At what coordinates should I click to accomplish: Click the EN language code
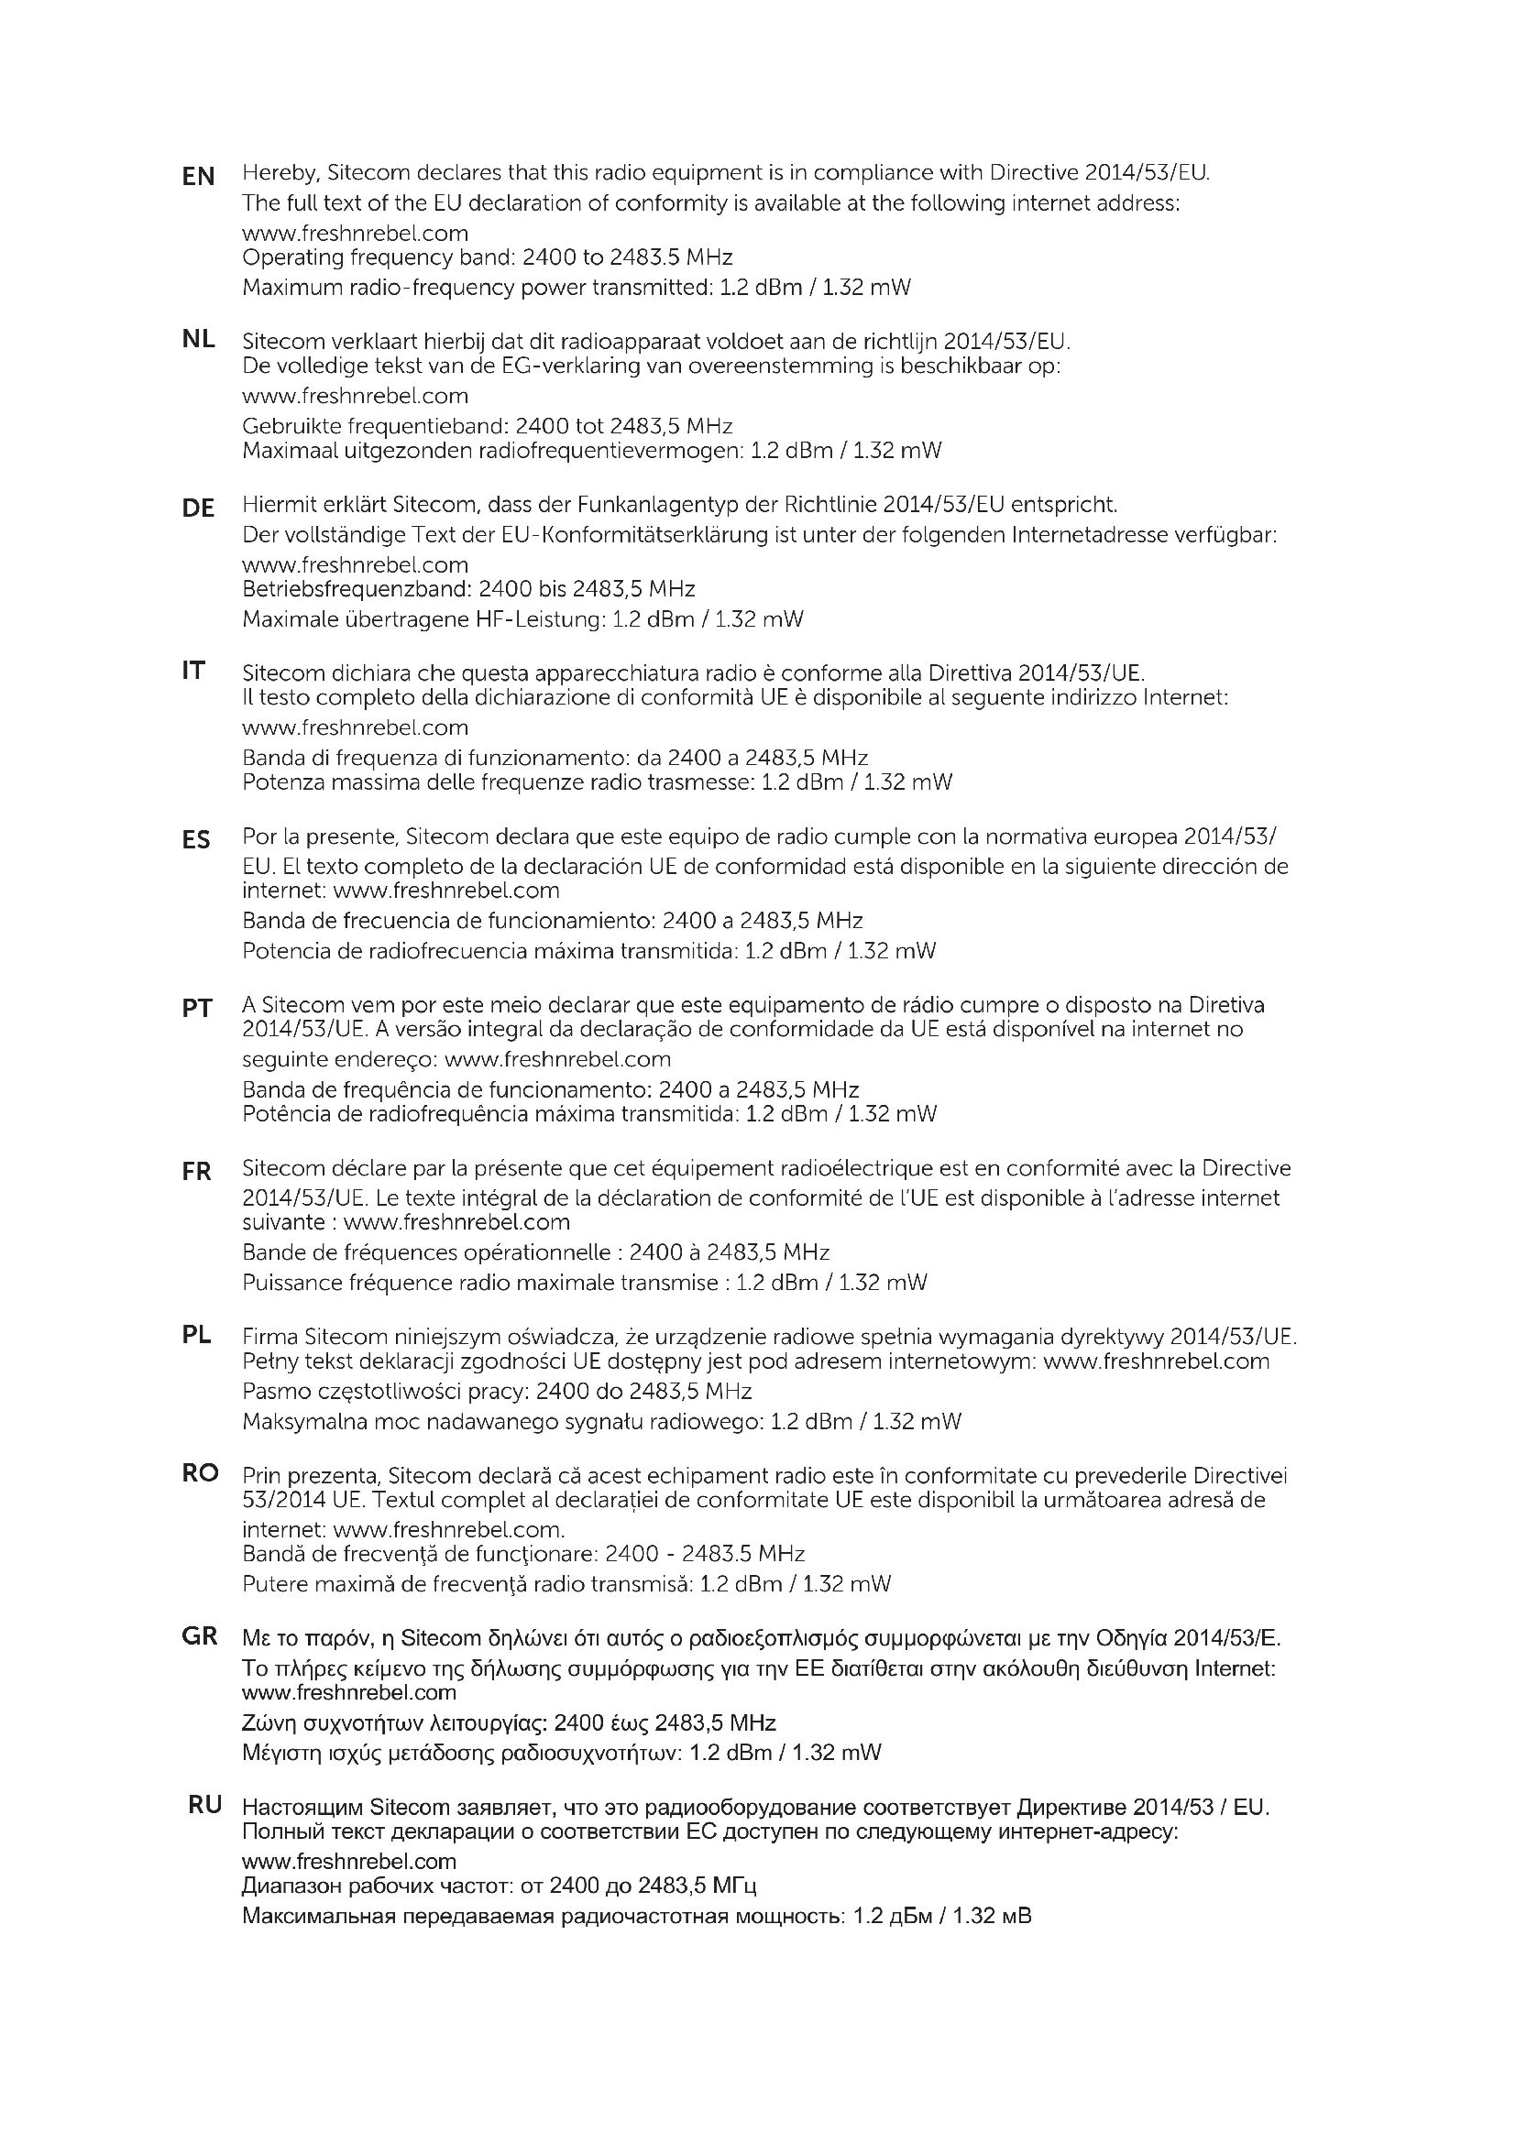click(x=198, y=176)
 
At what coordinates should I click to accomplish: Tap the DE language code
click(x=198, y=508)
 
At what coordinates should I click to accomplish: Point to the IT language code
click(x=193, y=670)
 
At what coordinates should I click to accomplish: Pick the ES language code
click(x=197, y=840)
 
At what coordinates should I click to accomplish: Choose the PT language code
click(x=197, y=1008)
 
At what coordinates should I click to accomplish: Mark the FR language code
click(x=197, y=1172)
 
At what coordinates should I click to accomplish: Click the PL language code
click(x=197, y=1335)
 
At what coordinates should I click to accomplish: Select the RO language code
click(x=200, y=1473)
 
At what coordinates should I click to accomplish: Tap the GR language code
click(x=200, y=1636)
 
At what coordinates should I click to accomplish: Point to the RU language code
click(x=205, y=1805)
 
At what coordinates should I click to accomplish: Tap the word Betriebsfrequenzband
click(x=356, y=590)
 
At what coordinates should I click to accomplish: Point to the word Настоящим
click(x=301, y=1807)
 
